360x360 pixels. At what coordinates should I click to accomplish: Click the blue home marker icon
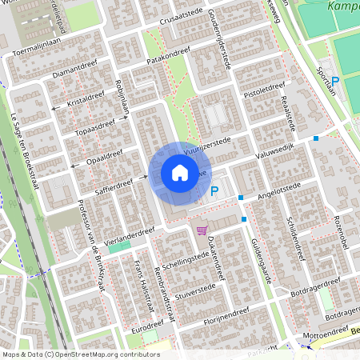[x=179, y=173]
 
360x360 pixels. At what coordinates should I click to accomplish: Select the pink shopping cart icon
[x=202, y=230]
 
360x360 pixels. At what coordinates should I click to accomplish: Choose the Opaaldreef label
[x=104, y=155]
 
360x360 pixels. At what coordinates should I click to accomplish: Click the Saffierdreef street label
[x=114, y=188]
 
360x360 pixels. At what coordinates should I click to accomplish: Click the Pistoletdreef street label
[x=264, y=90]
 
